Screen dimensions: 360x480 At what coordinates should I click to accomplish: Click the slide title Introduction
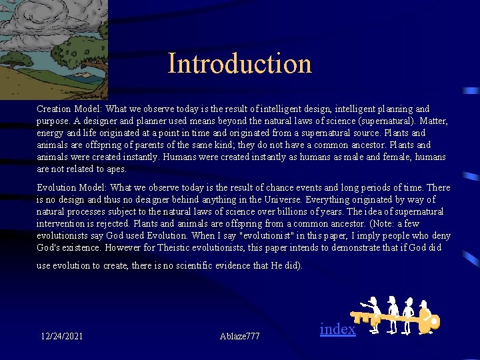(x=239, y=64)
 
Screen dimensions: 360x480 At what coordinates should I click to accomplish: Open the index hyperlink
(x=337, y=329)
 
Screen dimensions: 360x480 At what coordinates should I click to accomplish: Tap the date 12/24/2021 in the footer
(x=62, y=336)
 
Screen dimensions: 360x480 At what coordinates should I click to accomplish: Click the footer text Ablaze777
(x=239, y=336)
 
